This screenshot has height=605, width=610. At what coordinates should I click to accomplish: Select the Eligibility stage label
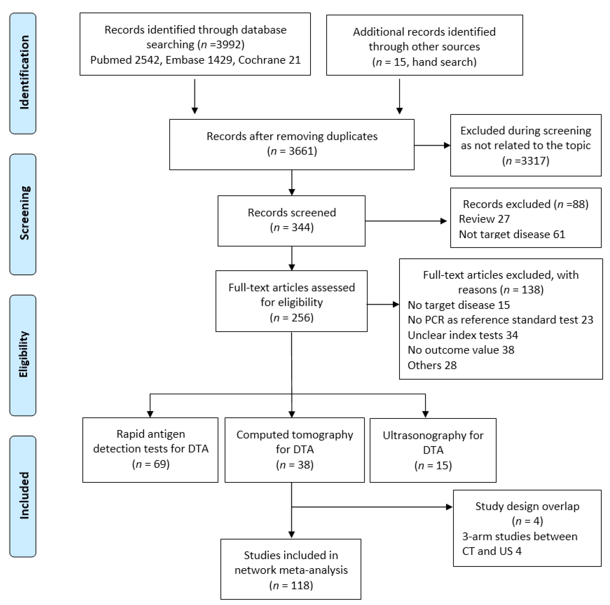[x=23, y=355]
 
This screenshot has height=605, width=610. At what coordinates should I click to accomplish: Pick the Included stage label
[x=23, y=496]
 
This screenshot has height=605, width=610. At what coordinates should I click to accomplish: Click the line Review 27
[x=484, y=219]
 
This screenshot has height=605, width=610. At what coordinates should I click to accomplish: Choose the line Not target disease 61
[x=512, y=234]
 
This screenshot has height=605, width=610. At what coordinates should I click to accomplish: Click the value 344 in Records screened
[x=302, y=227]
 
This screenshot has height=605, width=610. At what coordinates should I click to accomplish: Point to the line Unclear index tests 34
[x=463, y=335]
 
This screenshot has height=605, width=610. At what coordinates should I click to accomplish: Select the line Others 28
[x=432, y=365]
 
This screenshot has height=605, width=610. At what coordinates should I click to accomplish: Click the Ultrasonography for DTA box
[x=433, y=450]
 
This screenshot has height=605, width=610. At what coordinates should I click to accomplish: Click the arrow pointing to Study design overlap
[x=372, y=507]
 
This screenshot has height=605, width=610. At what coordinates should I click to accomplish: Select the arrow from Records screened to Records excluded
[x=406, y=221]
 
